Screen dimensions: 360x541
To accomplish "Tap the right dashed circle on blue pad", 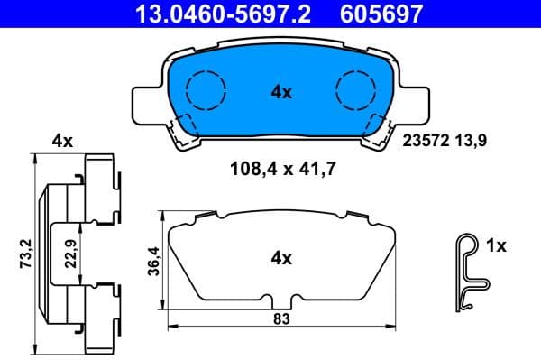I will [354, 90].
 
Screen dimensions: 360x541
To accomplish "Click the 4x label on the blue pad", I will [280, 91].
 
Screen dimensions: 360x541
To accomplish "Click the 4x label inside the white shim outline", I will [280, 259].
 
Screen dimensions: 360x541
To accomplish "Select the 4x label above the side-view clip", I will [61, 140].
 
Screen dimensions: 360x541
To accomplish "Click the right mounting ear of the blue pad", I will [413, 101].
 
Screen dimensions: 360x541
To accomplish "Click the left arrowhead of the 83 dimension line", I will [172, 326].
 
